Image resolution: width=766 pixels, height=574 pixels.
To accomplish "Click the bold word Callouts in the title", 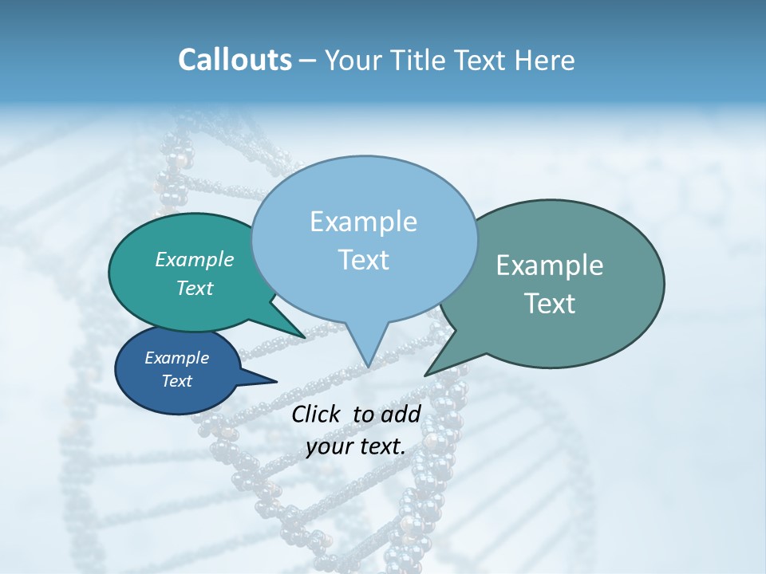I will click(x=235, y=60).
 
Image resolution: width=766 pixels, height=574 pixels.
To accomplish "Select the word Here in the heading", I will click(x=545, y=60).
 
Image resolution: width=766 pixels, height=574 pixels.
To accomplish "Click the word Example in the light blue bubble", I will click(x=363, y=222).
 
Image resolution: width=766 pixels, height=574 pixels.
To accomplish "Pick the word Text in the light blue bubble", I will click(x=363, y=260).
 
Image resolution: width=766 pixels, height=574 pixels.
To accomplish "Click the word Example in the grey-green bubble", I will click(x=550, y=265).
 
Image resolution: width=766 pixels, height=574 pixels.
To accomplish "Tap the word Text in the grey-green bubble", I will click(x=550, y=304).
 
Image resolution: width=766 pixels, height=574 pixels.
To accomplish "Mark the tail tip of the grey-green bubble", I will click(x=426, y=375).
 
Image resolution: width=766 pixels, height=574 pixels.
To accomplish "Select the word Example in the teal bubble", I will click(x=195, y=259).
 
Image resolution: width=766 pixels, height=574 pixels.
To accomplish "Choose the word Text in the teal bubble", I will click(x=195, y=288).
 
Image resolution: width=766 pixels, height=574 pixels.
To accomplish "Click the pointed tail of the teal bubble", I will click(x=303, y=336).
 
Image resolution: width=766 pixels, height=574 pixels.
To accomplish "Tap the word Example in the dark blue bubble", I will click(x=177, y=358).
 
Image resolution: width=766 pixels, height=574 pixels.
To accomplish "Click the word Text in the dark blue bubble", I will click(x=177, y=381).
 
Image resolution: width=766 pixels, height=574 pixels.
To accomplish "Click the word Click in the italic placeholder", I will click(x=318, y=414).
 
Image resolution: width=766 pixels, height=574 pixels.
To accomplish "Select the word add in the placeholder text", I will click(x=401, y=414).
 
